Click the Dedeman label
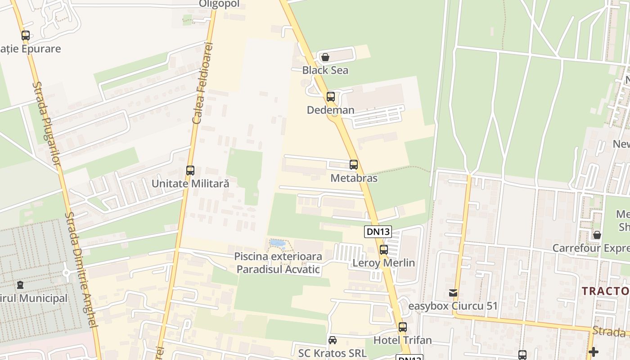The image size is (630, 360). (x=330, y=110)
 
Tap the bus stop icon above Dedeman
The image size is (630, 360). (x=331, y=96)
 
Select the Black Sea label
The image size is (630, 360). (x=325, y=70)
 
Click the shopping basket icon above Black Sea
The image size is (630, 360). (x=325, y=57)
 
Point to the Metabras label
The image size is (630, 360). (x=354, y=178)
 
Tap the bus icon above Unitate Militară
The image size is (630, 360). (x=190, y=171)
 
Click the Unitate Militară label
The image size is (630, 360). (x=190, y=184)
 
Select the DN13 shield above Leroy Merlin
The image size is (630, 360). (x=378, y=232)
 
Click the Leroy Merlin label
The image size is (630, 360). (x=383, y=263)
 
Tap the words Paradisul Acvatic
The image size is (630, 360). (x=278, y=270)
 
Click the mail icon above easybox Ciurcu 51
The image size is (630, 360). (x=453, y=293)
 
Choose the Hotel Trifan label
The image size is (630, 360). (x=402, y=340)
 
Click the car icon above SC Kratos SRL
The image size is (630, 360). (x=332, y=340)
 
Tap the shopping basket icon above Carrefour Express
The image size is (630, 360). (x=597, y=235)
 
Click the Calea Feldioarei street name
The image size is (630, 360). (x=202, y=84)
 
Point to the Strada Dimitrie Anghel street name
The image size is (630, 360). (x=81, y=270)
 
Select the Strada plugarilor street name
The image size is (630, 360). (x=46, y=123)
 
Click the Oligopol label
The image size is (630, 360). (x=220, y=4)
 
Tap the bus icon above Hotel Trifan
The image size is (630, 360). (x=402, y=327)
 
